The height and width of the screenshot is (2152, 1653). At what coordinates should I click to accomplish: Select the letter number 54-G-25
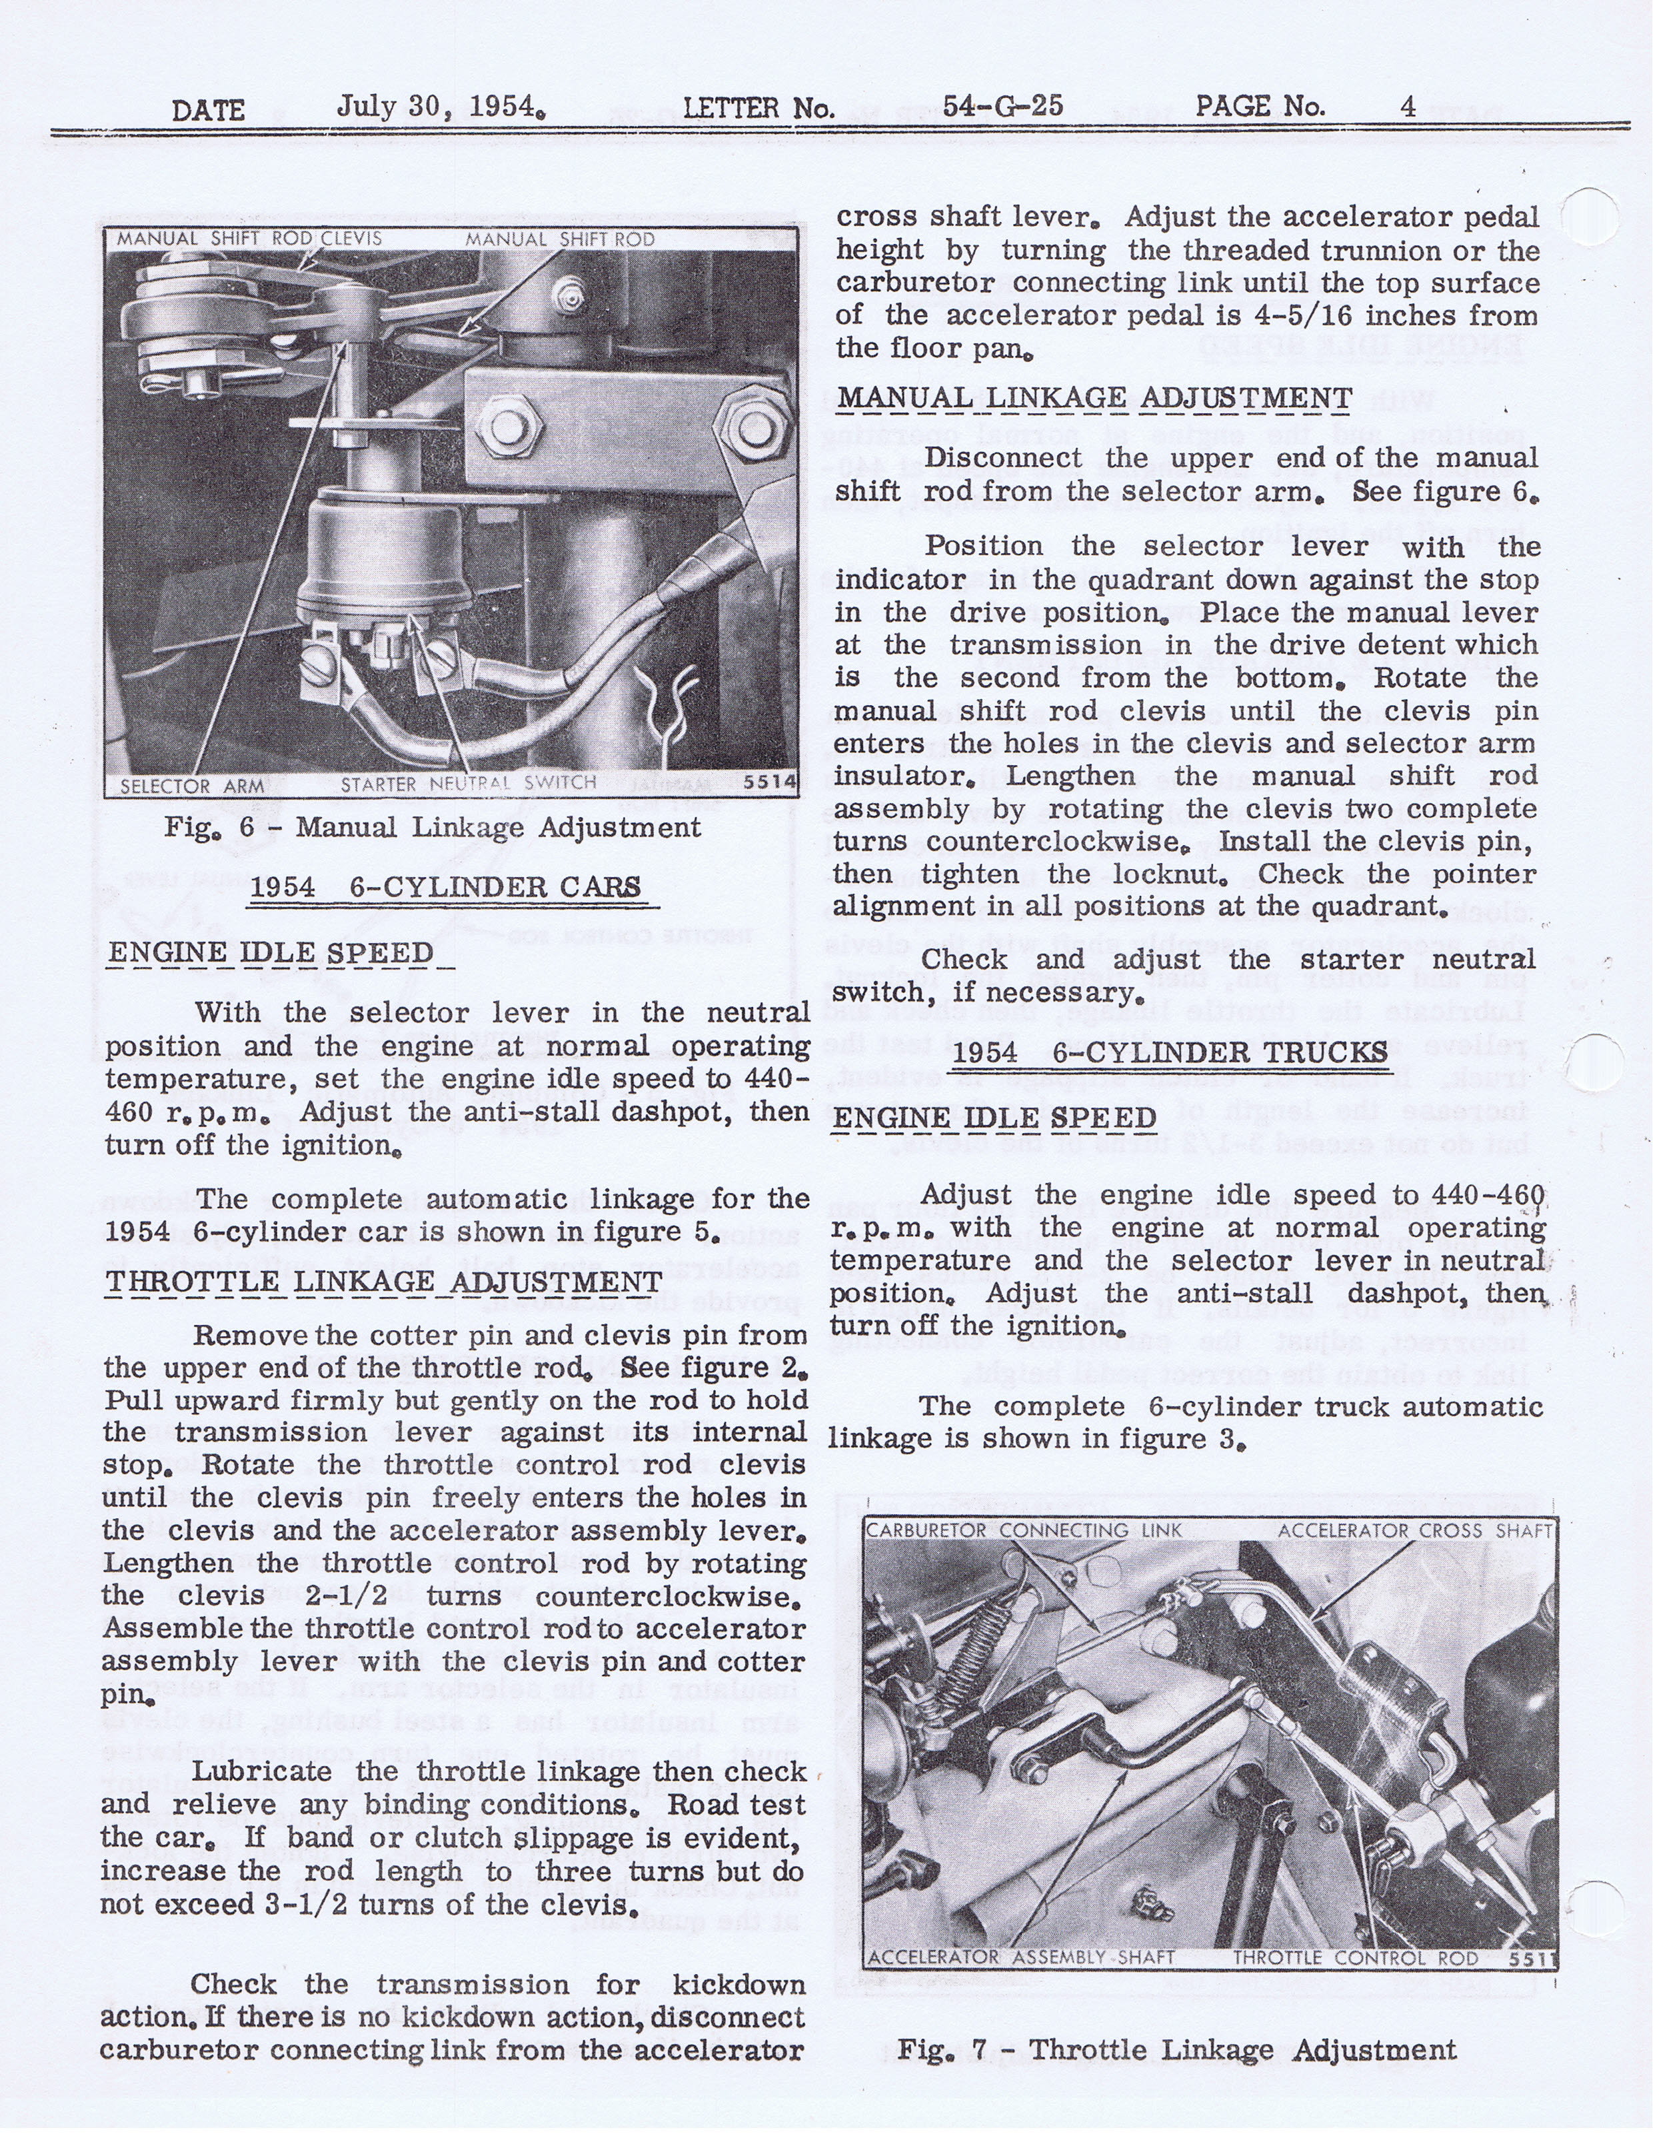(x=1002, y=106)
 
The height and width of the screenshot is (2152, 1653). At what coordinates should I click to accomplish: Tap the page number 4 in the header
(x=1408, y=106)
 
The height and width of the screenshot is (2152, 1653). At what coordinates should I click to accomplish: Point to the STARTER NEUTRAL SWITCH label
(x=469, y=784)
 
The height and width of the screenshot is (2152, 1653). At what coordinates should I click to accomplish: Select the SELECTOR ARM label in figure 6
(x=192, y=786)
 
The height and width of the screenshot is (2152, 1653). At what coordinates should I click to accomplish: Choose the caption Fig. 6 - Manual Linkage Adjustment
(x=433, y=827)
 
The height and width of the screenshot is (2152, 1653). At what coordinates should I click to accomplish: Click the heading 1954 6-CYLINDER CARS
(x=446, y=887)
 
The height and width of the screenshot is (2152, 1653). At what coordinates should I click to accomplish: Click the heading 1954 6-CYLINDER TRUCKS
(x=1170, y=1052)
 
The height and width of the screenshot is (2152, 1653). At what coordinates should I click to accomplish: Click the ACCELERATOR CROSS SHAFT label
(x=1414, y=1530)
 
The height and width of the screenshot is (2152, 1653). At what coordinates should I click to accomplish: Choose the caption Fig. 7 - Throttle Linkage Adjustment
(x=1177, y=2050)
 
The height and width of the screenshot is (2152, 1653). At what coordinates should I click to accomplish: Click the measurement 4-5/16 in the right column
(x=1266, y=316)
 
